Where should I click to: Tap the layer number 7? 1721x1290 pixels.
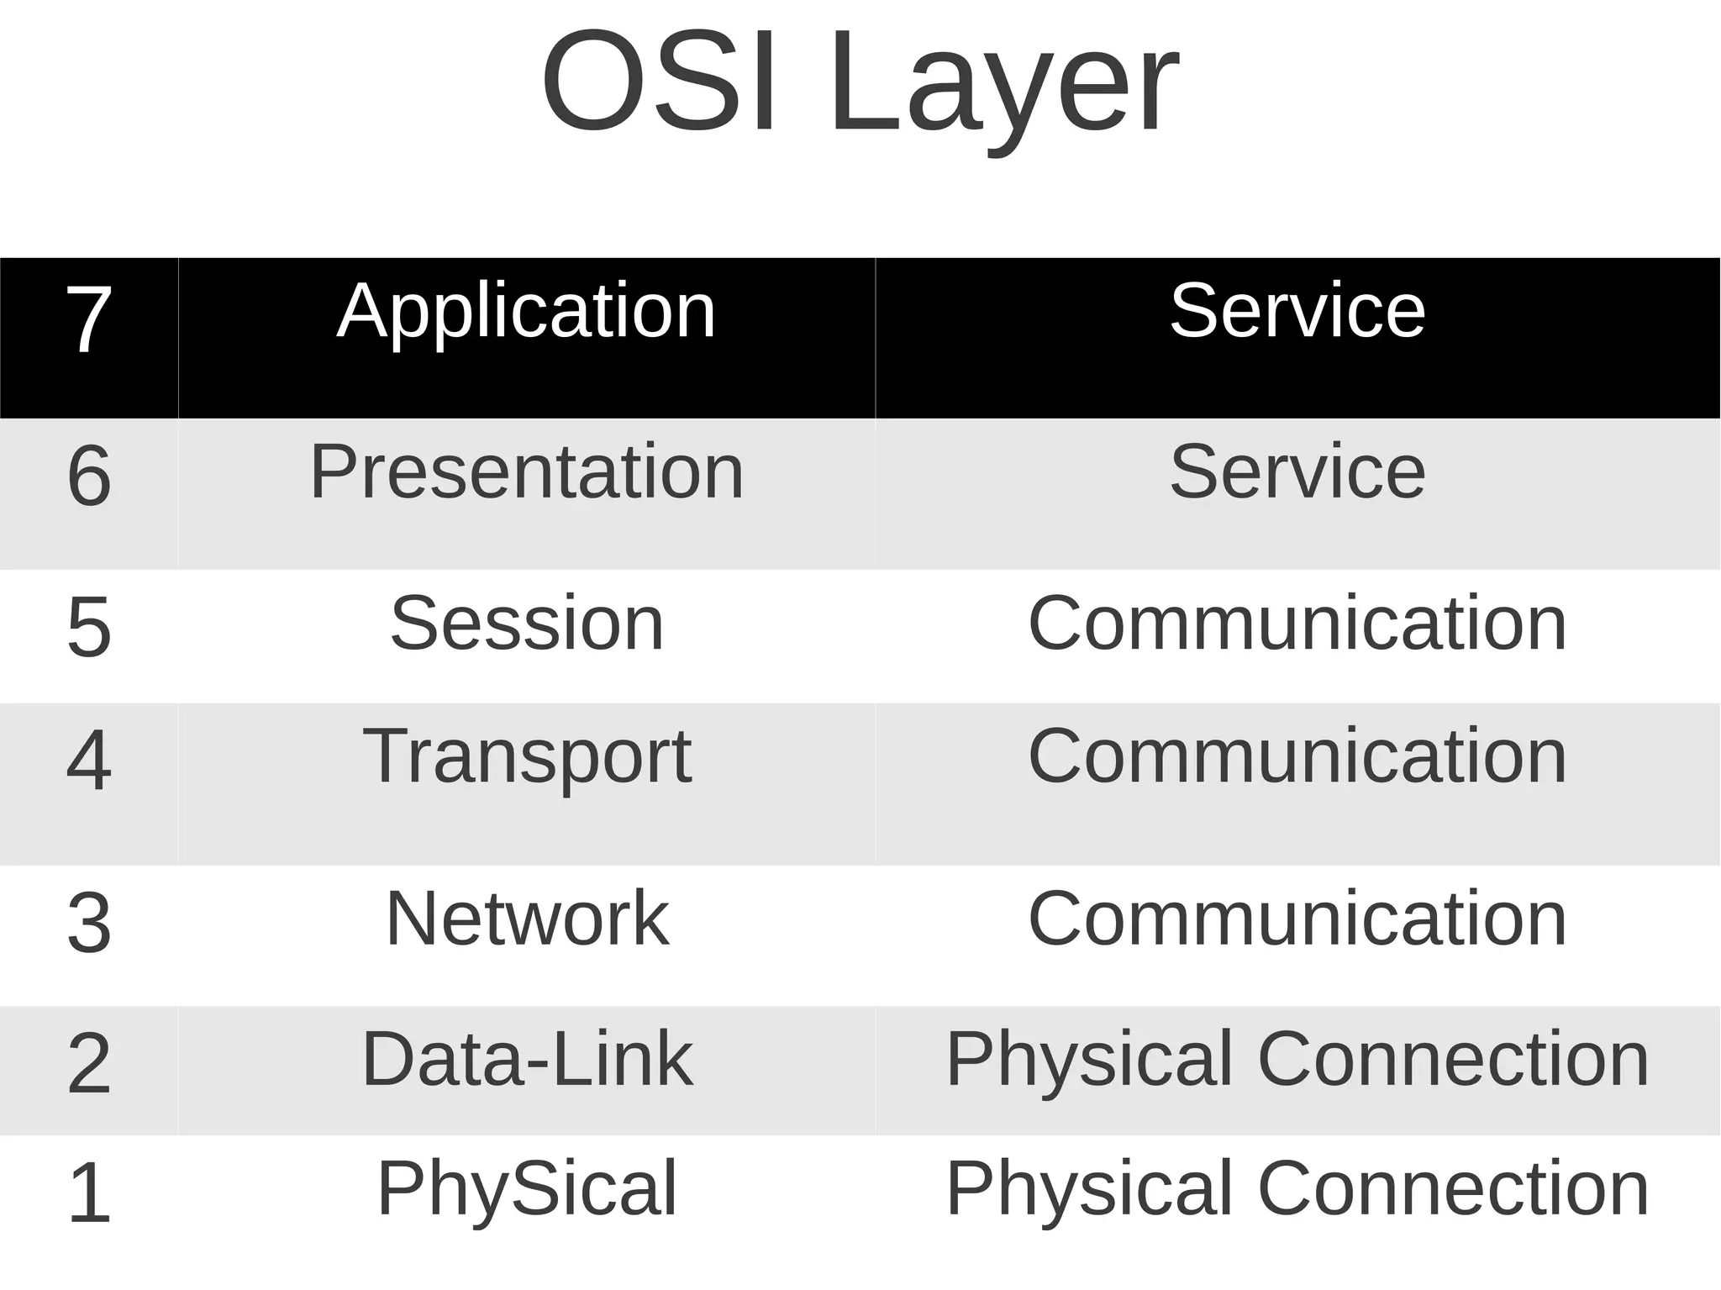[89, 319]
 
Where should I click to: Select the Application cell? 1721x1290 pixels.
[526, 312]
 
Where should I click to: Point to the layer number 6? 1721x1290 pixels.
[89, 476]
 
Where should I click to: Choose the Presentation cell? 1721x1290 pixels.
[526, 471]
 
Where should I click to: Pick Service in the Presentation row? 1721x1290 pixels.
[1297, 471]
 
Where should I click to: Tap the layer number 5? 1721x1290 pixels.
[89, 626]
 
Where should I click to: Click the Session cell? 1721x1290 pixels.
[527, 623]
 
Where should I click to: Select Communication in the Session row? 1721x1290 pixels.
[1297, 623]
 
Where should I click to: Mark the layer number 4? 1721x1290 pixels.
[89, 761]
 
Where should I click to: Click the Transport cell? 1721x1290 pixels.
[527, 757]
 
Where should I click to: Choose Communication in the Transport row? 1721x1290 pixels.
[1297, 756]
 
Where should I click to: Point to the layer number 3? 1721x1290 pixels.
[89, 923]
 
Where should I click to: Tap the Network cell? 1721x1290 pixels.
[527, 919]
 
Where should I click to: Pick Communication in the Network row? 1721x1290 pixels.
[1297, 919]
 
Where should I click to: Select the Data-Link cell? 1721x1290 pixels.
[527, 1059]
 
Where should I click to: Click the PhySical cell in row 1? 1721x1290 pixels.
[527, 1188]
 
